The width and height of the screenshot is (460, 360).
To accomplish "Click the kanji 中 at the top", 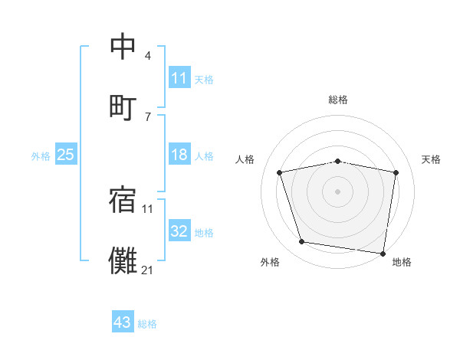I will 123,47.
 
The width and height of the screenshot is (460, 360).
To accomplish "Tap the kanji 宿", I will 123,200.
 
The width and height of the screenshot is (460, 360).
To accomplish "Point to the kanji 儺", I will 123,259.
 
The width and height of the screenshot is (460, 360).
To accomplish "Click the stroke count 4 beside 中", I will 147,57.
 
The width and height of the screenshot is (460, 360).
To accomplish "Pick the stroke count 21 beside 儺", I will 147,269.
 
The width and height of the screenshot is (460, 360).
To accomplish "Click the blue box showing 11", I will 179,78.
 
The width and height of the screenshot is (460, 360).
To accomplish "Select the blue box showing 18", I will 179,155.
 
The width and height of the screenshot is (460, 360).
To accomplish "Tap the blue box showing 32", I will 179,231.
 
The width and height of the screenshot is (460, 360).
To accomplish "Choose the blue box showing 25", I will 66,155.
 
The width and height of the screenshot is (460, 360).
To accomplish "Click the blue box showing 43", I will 123,322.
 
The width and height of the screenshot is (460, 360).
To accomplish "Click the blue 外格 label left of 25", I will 41,155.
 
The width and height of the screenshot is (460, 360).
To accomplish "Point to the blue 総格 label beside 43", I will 147,323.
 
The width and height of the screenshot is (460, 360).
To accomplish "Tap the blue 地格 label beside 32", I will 204,232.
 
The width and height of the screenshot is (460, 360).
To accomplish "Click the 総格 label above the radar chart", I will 338,100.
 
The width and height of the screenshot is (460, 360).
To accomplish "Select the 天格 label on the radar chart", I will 431,159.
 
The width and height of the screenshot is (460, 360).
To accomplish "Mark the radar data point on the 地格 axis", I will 383,253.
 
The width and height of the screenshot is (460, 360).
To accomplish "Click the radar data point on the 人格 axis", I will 280,172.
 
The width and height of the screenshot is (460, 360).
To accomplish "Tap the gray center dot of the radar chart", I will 338,191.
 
